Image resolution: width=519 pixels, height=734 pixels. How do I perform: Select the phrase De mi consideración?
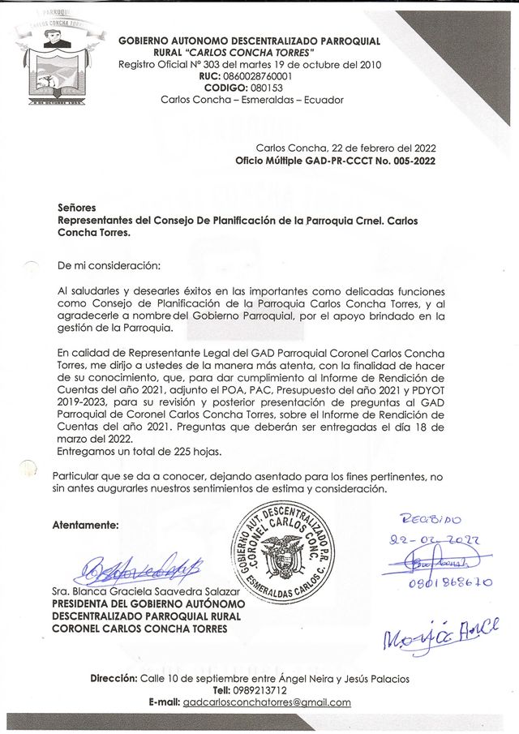coord(109,266)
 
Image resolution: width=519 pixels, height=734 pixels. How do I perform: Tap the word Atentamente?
coord(85,525)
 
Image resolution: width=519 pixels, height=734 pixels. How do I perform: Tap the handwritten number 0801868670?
coord(439,582)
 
